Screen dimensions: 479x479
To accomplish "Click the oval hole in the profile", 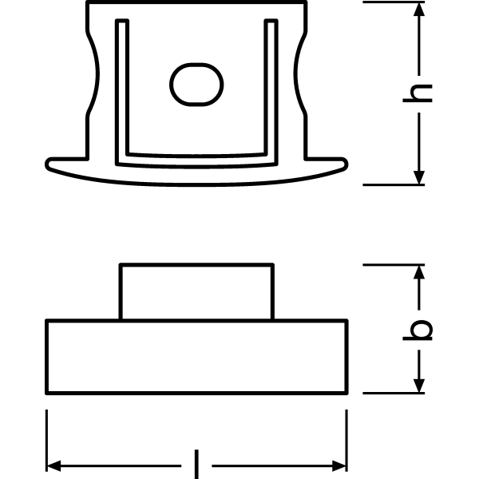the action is click(196, 85).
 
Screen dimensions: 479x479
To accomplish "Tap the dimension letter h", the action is click(418, 93).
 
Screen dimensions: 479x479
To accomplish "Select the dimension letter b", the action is click(418, 330).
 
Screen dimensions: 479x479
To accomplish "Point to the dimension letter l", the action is click(196, 464).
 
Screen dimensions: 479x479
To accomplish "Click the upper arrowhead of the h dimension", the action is click(419, 9).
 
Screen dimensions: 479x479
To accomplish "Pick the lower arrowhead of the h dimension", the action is click(419, 177).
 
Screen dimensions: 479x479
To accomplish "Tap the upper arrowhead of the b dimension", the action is click(419, 272).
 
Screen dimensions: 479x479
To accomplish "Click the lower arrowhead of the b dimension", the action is click(419, 386).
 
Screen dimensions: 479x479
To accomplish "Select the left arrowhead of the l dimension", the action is click(53, 466).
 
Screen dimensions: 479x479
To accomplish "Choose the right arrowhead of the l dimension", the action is click(339, 466).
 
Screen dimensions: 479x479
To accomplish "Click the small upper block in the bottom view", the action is click(196, 291).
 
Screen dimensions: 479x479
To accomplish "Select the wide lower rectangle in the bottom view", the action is click(196, 357).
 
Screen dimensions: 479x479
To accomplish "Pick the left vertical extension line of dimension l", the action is click(46, 441).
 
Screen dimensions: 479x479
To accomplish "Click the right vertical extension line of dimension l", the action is click(346, 441).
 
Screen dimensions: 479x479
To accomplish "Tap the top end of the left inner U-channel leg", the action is click(122, 21).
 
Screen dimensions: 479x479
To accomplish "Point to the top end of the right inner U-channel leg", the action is click(271, 21).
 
